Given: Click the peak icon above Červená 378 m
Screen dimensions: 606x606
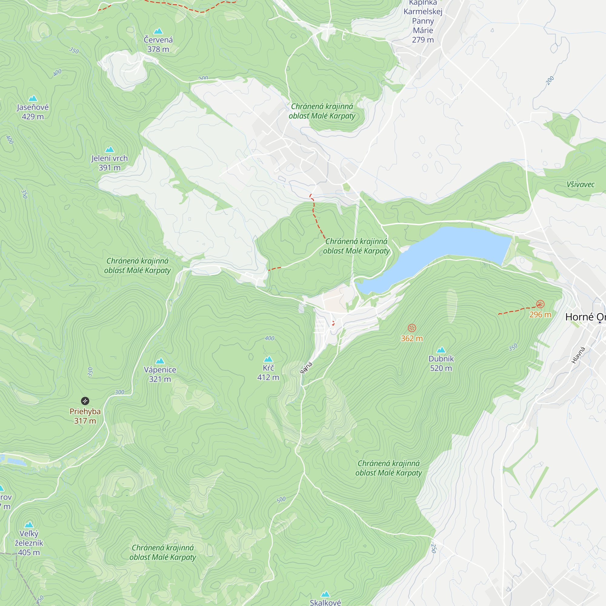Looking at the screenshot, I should tap(158, 31).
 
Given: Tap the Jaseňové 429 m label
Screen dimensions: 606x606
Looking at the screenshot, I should tap(33, 112).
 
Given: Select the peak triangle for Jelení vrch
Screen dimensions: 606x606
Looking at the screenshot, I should tap(109, 149).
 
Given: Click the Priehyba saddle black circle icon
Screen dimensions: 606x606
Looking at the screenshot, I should tap(85, 401).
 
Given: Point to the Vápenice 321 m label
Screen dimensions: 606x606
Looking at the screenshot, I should tap(160, 374).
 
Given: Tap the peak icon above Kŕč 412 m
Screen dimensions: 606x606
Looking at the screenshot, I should tap(268, 359).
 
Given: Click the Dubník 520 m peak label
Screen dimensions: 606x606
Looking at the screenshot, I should tap(441, 363).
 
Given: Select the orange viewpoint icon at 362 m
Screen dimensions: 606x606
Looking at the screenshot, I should tap(412, 328).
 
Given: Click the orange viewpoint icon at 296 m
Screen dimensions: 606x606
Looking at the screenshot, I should tap(540, 304).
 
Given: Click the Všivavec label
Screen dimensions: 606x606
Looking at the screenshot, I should tap(580, 185).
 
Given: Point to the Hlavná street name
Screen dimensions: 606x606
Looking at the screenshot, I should tap(578, 355).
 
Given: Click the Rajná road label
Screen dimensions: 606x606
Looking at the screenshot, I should tap(306, 368).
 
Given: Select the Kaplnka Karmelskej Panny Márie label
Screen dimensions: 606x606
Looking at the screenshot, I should tap(423, 21).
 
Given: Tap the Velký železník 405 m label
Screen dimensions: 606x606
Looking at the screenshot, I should tap(29, 543).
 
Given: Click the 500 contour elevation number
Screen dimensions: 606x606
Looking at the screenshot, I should tap(281, 500).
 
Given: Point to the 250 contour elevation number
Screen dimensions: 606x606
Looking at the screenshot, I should tap(434, 548).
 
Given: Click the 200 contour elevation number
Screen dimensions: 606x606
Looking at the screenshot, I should tap(550, 81).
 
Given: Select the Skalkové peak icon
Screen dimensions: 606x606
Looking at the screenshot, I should tap(325, 594).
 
